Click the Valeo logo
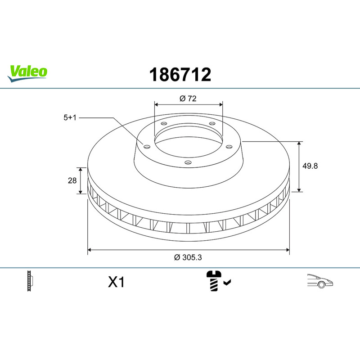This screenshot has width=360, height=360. (27, 73)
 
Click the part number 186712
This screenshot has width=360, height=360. (180, 74)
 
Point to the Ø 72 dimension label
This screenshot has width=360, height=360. (188, 98)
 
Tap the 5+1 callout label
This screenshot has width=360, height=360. (70, 117)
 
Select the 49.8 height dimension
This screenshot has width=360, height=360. (310, 166)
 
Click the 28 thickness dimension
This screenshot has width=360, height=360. (72, 180)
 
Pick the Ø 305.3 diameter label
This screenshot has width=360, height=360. (188, 257)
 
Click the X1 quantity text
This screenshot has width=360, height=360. (116, 282)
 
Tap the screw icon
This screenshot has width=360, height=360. (214, 281)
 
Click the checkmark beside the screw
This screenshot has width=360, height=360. (227, 283)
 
